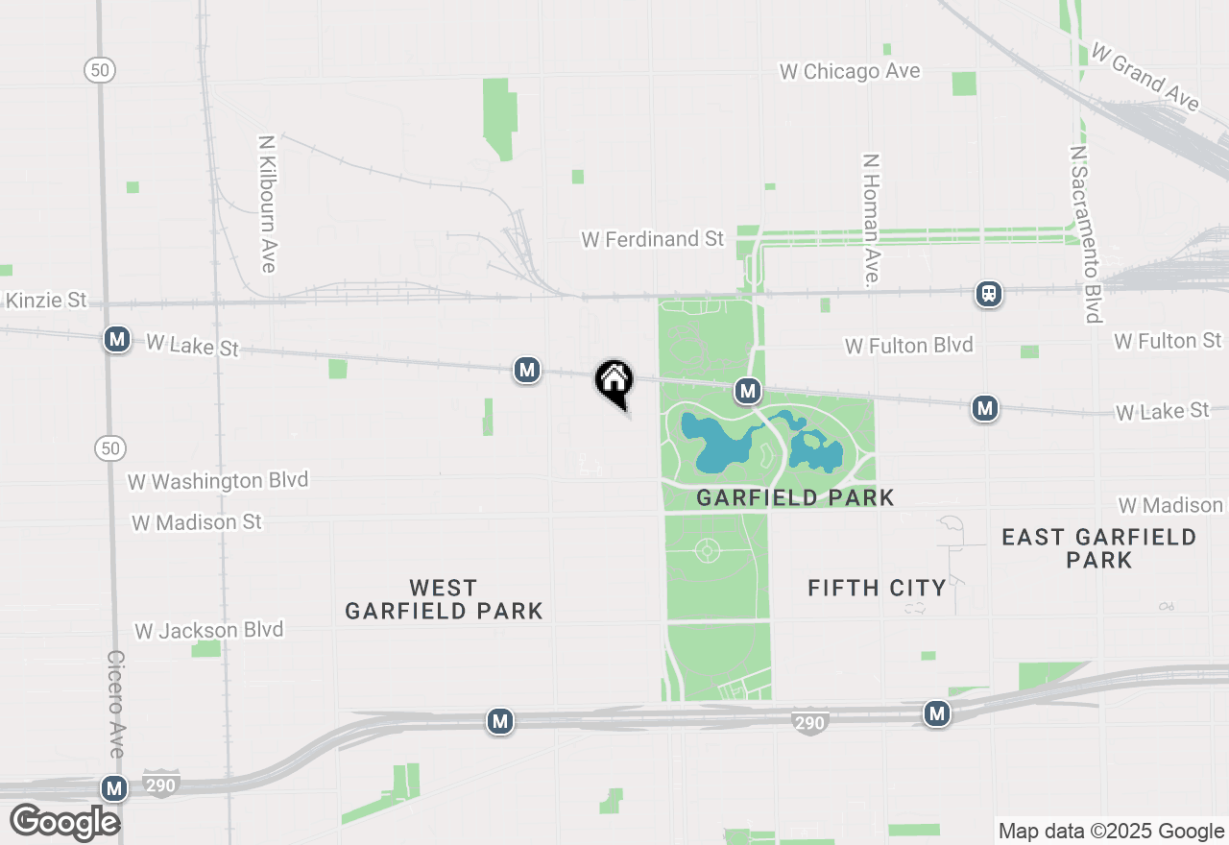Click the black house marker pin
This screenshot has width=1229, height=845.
click(x=614, y=382)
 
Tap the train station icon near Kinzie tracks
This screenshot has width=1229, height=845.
click(x=989, y=294)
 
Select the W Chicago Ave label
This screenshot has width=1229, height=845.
click(x=850, y=71)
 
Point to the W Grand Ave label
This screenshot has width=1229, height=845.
click(x=1145, y=77)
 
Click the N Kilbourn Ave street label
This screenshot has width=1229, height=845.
click(x=267, y=203)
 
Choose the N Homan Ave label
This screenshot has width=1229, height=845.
click(x=871, y=220)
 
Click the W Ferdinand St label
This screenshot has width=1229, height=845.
click(x=652, y=239)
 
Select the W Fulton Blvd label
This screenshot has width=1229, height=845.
click(x=908, y=346)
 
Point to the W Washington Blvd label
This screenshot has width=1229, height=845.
click(x=219, y=480)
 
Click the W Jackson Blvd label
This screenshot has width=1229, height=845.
click(x=209, y=631)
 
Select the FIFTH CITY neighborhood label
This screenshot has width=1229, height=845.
click(x=877, y=588)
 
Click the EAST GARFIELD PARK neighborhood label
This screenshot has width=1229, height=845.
click(x=1098, y=548)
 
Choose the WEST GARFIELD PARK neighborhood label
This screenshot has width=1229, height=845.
click(x=444, y=599)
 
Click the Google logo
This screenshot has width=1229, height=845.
click(x=64, y=822)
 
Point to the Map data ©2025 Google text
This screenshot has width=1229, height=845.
click(x=1111, y=832)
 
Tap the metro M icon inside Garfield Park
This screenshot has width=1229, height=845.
click(x=748, y=391)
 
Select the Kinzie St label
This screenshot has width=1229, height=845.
click(x=45, y=301)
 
